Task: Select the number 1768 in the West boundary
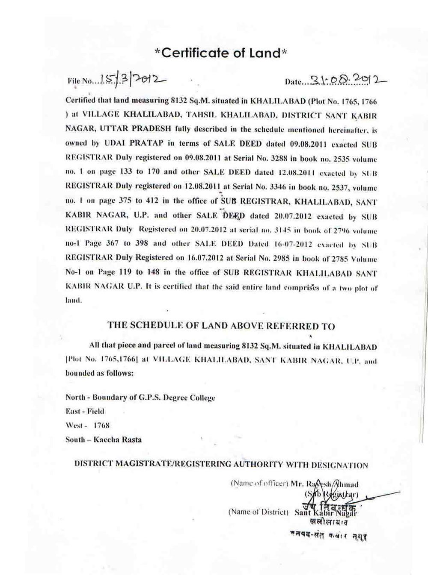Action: point(101,426)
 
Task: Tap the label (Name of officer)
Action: point(259,484)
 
